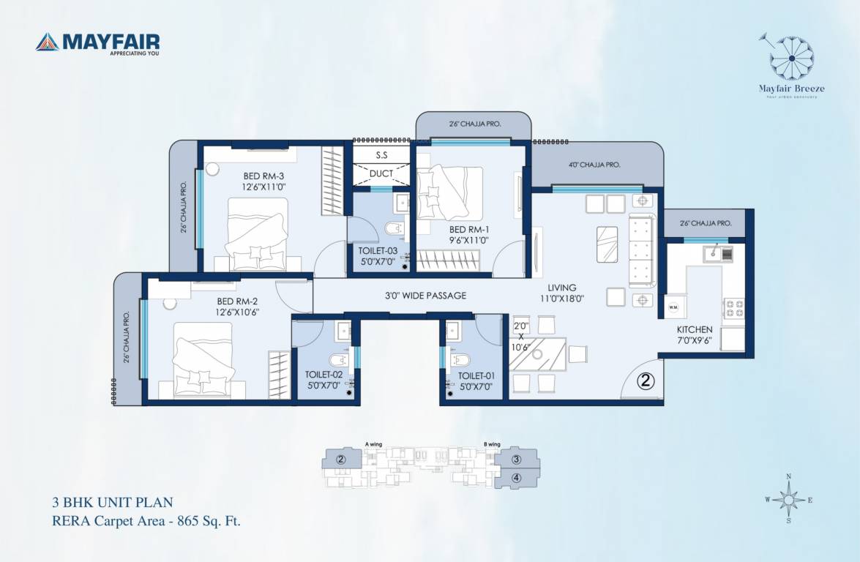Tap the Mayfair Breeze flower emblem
click(x=791, y=57)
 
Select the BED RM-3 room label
click(x=264, y=181)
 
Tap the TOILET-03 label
click(x=378, y=255)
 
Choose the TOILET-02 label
click(x=324, y=379)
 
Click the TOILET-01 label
click(x=476, y=381)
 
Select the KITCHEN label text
click(x=694, y=335)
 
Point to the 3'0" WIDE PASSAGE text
click(x=425, y=296)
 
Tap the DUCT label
click(x=381, y=173)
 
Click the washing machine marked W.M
click(x=673, y=307)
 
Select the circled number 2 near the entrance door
click(x=645, y=381)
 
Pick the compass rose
click(x=788, y=499)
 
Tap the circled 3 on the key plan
click(x=516, y=460)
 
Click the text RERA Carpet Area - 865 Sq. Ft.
click(x=146, y=522)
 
